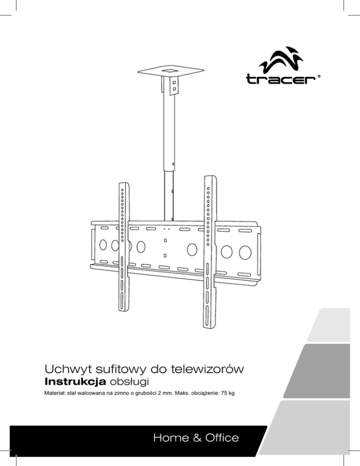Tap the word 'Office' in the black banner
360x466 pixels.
point(219,437)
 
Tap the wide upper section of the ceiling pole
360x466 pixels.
point(169,131)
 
